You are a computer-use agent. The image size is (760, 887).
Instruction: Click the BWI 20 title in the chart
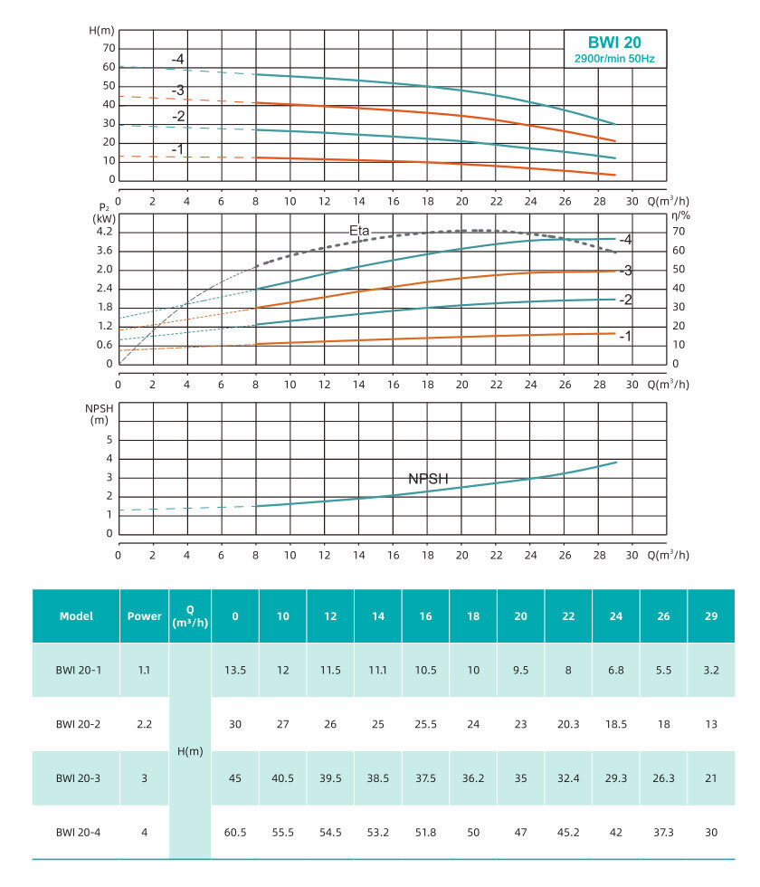pos(615,42)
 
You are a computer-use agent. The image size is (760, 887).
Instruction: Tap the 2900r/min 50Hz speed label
pos(615,59)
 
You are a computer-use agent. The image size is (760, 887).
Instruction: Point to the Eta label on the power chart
pos(360,231)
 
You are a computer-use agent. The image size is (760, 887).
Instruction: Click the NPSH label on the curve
pos(428,479)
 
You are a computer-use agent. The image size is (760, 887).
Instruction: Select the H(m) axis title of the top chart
pos(102,30)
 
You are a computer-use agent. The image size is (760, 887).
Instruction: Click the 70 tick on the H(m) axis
pos(109,48)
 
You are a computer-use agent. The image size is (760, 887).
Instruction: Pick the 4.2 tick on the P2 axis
pos(103,232)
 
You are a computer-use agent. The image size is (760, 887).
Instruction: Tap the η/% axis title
pos(681,215)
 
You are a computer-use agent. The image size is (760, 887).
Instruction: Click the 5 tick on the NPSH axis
pos(109,439)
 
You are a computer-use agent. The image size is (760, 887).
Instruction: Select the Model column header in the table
pos(76,616)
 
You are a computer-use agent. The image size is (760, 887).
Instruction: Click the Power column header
pos(144,616)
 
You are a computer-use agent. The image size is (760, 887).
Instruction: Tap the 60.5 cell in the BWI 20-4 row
pos(235,832)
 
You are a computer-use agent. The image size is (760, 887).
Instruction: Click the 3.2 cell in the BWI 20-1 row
pos(711,670)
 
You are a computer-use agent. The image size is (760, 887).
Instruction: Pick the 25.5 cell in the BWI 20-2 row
pos(425,724)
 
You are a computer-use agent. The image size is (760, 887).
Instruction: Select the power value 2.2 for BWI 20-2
pos(144,724)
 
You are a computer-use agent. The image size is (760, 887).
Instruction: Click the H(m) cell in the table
pos(189,751)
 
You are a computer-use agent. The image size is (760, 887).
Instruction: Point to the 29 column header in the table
pos(711,616)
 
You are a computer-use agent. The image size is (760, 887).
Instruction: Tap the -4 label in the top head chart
pos(178,60)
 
